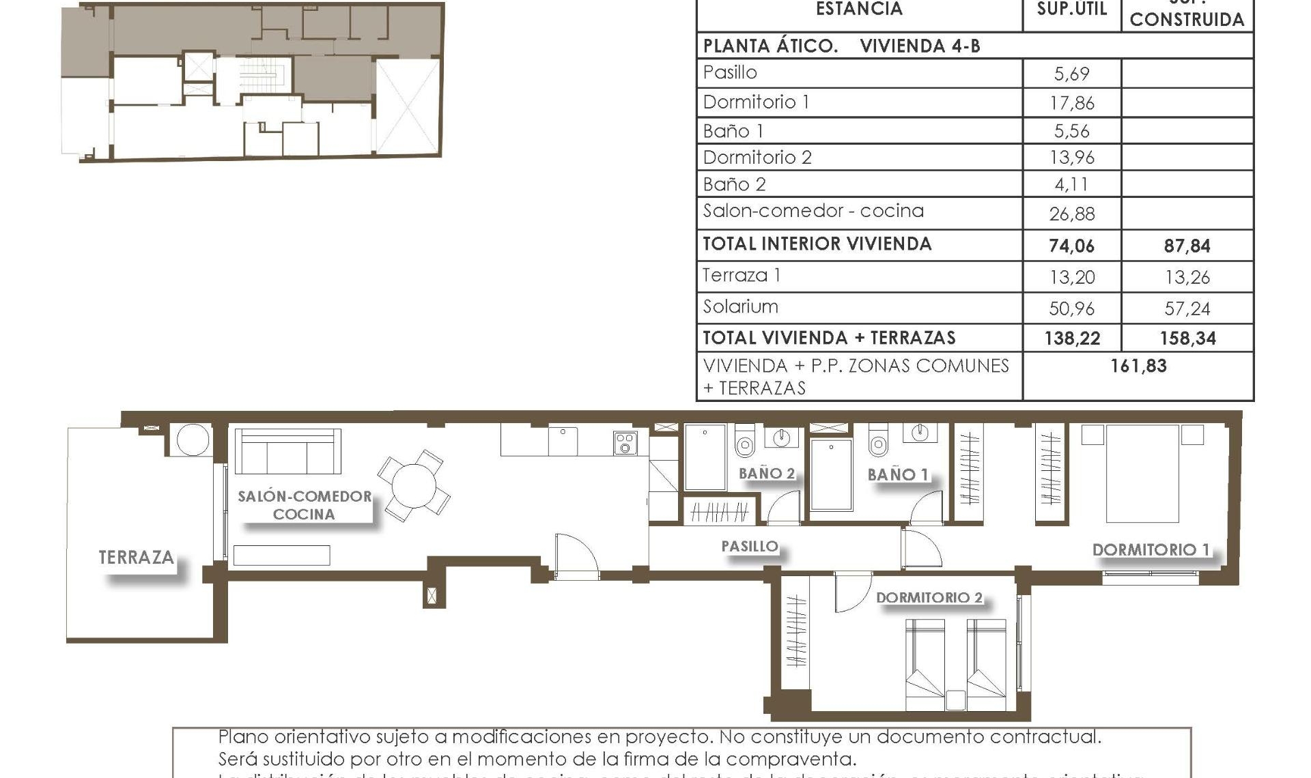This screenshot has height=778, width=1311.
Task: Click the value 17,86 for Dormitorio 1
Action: pyautogui.click(x=1071, y=103)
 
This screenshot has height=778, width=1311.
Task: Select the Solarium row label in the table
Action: pyautogui.click(x=740, y=306)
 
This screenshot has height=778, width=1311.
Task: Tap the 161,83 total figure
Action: pyautogui.click(x=1138, y=366)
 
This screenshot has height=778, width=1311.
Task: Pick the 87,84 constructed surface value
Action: pyautogui.click(x=1187, y=246)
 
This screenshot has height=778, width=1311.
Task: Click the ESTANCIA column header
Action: pyautogui.click(x=859, y=10)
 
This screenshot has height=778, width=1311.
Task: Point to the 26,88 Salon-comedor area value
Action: pyautogui.click(x=1071, y=214)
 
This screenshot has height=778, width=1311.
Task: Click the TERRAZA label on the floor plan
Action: pyautogui.click(x=136, y=558)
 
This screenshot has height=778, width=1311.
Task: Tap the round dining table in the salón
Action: pyautogui.click(x=414, y=485)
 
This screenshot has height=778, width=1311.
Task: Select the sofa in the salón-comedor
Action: pyautogui.click(x=287, y=451)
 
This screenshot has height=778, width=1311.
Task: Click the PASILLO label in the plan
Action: pyautogui.click(x=749, y=546)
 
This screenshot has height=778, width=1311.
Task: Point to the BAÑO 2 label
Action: pyautogui.click(x=767, y=473)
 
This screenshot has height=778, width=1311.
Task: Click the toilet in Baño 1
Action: pyautogui.click(x=878, y=442)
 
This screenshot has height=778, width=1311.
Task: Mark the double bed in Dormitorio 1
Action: pyautogui.click(x=1142, y=474)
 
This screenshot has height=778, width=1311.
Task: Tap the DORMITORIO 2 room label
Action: pyautogui.click(x=929, y=598)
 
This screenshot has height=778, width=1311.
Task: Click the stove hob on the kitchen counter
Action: pyautogui.click(x=625, y=443)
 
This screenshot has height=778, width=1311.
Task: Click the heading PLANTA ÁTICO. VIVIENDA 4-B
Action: pyautogui.click(x=841, y=46)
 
